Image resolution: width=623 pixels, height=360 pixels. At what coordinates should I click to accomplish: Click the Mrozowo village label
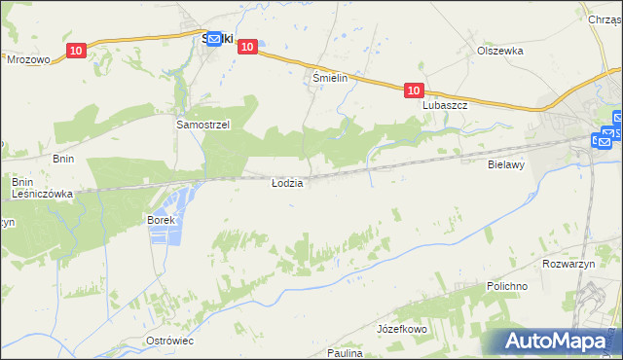(x=28, y=59)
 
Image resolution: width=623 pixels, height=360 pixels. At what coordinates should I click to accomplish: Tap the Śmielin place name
(x=330, y=77)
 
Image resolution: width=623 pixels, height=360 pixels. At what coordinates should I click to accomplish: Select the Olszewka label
(x=500, y=51)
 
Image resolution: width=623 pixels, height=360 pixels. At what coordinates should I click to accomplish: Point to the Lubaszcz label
(x=446, y=105)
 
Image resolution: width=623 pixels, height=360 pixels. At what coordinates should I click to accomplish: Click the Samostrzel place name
(x=202, y=126)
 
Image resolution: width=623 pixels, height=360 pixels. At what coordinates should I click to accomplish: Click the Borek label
(x=161, y=221)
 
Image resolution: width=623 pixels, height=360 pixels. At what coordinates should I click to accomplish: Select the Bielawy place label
(x=506, y=165)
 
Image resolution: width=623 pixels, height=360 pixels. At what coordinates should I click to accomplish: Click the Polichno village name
(x=507, y=287)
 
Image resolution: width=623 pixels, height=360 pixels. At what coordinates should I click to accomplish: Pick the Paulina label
(x=345, y=353)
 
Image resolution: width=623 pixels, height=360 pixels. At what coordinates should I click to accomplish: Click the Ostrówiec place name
(x=169, y=341)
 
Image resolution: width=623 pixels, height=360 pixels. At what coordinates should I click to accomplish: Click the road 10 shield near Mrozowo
(x=76, y=51)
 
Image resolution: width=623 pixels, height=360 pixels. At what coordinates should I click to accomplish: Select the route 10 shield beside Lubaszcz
(x=414, y=90)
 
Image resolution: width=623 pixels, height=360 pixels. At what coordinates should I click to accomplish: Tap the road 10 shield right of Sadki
(x=247, y=46)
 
